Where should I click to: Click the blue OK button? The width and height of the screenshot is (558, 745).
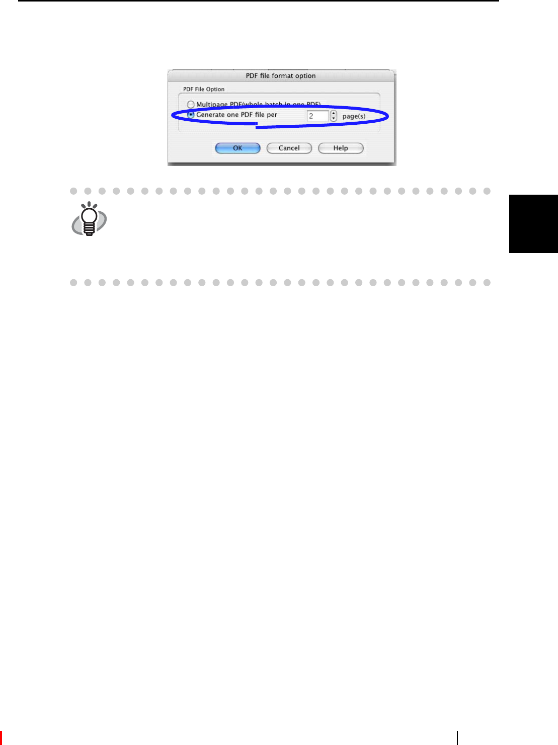(237, 148)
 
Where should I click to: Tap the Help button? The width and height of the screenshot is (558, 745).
(341, 148)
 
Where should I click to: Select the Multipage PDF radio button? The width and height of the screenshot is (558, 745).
(191, 105)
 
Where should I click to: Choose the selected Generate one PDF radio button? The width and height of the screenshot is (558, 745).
(191, 115)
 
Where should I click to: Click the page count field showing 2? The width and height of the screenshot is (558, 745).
(317, 116)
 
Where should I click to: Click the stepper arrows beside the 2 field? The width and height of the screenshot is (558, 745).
(334, 116)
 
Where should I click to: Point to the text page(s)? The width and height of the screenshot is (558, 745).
(354, 116)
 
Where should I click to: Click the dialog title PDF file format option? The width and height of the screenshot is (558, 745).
(281, 75)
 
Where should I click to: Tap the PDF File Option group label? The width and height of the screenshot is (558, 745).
(204, 89)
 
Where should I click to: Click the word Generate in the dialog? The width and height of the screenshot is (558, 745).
(210, 115)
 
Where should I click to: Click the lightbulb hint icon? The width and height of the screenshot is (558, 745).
(89, 219)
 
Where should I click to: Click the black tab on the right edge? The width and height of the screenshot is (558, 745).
(533, 223)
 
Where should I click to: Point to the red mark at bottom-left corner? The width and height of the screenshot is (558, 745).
(1, 738)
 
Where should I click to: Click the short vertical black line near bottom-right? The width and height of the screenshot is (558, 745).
(457, 737)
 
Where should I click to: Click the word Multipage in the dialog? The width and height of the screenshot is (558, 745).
(212, 105)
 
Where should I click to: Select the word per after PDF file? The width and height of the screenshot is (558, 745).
(272, 115)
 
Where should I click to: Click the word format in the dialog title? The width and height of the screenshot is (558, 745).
(282, 75)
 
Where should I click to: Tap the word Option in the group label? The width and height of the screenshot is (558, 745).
(215, 89)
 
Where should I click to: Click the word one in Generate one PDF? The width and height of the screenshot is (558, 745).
(232, 115)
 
